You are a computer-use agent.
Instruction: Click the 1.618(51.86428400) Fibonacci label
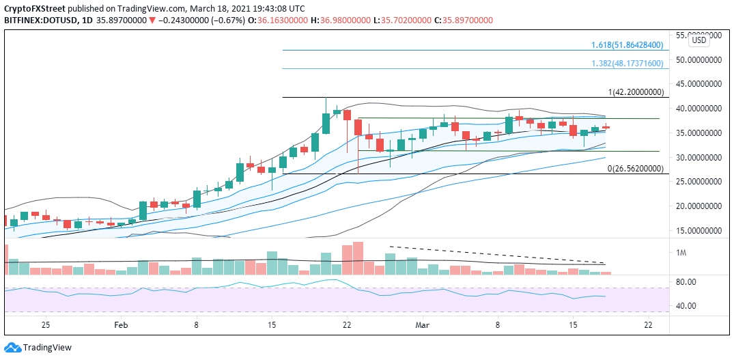click(627, 45)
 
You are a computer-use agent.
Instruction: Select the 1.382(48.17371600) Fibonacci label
click(627, 64)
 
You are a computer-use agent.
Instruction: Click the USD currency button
click(699, 40)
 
